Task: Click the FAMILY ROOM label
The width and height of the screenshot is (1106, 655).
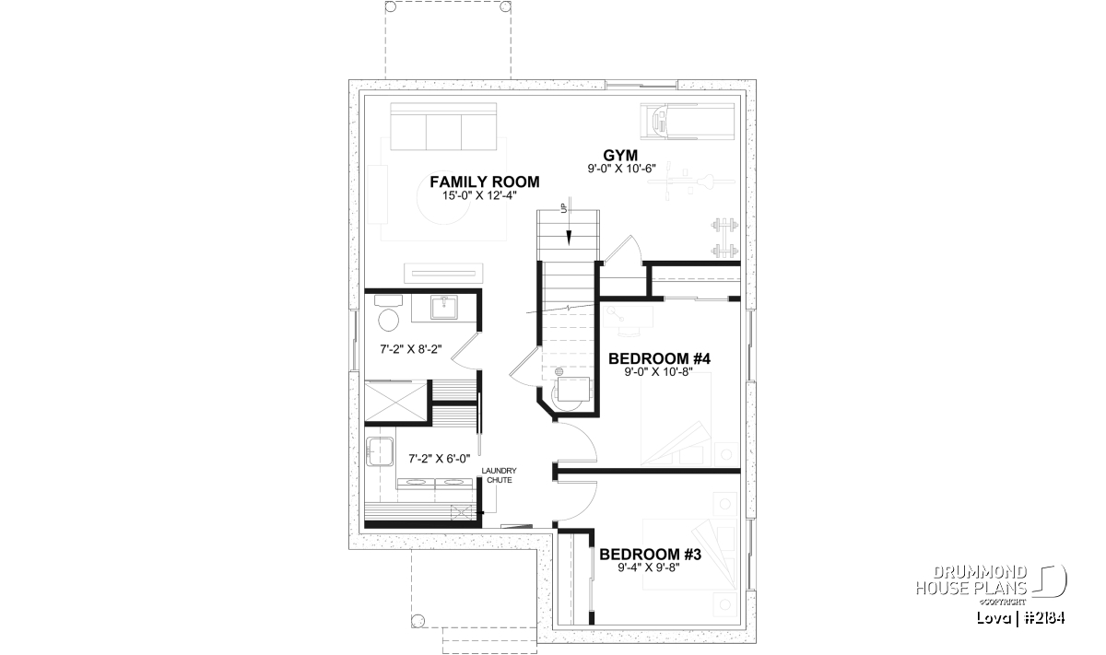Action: [485, 181]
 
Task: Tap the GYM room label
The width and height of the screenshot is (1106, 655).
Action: [620, 155]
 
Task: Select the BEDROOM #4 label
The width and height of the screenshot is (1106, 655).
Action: [659, 359]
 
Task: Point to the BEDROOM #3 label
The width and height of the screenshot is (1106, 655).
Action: [651, 555]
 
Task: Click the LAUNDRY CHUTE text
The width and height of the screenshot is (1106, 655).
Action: [500, 475]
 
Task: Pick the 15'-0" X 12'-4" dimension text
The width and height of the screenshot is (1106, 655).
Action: [479, 195]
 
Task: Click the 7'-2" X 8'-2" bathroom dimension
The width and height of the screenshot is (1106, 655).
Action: [411, 349]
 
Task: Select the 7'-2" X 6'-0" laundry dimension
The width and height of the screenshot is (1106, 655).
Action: [440, 459]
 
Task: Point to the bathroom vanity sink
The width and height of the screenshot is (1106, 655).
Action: [444, 307]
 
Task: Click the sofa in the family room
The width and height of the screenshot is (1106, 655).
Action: [443, 126]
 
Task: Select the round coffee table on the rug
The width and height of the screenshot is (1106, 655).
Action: [444, 199]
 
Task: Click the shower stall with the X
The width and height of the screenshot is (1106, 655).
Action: [395, 401]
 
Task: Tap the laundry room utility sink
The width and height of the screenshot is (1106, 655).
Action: [379, 451]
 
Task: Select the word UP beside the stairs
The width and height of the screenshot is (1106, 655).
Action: [563, 208]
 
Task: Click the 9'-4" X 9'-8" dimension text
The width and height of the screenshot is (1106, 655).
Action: [649, 567]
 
